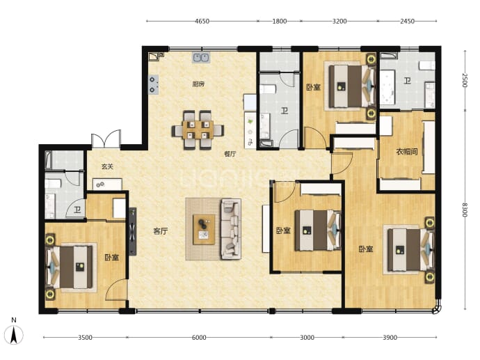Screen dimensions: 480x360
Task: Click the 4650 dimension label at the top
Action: [202, 21]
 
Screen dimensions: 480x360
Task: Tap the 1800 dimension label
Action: [279, 21]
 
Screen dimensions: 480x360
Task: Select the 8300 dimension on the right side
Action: [465, 210]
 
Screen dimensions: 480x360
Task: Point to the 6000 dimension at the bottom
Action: [199, 337]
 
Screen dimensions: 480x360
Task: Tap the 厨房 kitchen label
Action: [198, 84]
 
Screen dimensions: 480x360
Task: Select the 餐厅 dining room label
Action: [230, 154]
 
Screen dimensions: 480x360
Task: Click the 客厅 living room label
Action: [161, 231]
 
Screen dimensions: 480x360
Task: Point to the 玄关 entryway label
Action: [107, 166]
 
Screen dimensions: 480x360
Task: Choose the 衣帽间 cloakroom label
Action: [406, 151]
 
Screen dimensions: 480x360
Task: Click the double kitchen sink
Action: [201, 58]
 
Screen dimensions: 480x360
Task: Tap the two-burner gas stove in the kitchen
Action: [154, 84]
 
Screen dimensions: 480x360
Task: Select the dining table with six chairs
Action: [198, 130]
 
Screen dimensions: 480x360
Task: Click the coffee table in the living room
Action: [204, 230]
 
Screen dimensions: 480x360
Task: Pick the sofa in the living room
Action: [231, 229]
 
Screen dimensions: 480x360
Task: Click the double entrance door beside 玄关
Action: [106, 139]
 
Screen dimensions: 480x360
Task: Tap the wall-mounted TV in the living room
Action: [133, 231]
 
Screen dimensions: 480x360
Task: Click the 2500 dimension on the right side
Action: [465, 80]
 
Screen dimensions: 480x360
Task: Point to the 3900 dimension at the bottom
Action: [390, 337]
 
